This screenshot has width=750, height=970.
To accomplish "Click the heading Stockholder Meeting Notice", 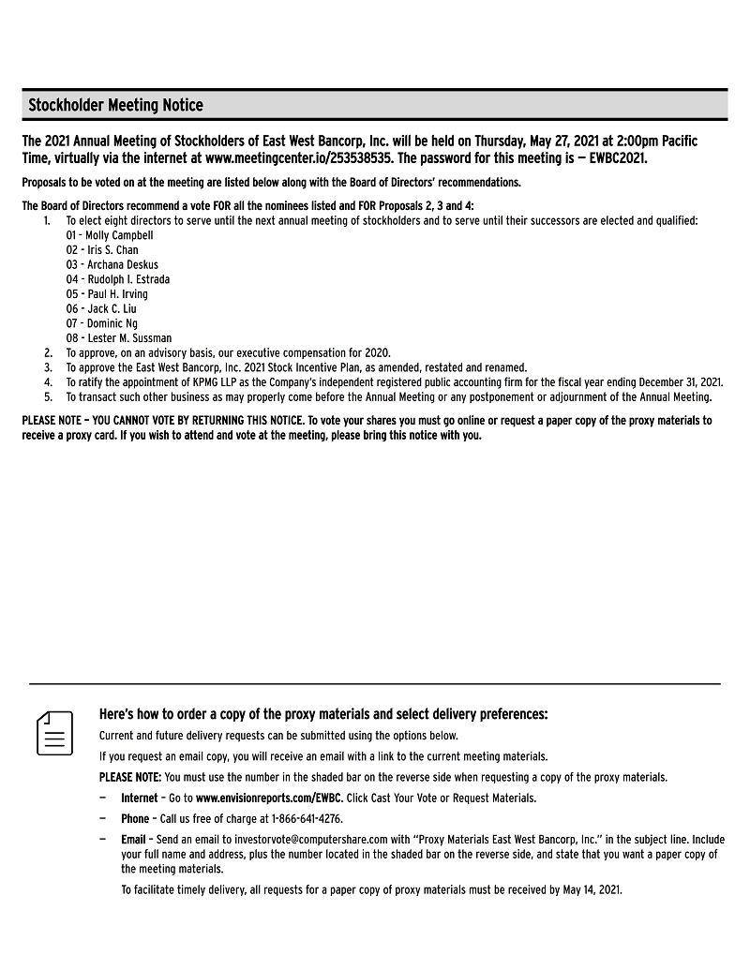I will click(115, 105).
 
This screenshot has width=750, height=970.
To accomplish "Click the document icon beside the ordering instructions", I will click(54, 733).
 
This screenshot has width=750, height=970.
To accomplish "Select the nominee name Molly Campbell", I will click(119, 235).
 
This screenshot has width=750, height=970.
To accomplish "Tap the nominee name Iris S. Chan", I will click(112, 250).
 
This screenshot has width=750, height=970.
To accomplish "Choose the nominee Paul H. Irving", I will click(117, 294).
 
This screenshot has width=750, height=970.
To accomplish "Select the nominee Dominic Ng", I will click(112, 323).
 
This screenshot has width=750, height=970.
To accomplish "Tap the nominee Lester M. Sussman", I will click(128, 338).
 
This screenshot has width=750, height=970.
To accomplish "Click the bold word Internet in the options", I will click(140, 798).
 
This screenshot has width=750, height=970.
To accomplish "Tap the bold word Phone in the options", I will click(135, 818).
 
